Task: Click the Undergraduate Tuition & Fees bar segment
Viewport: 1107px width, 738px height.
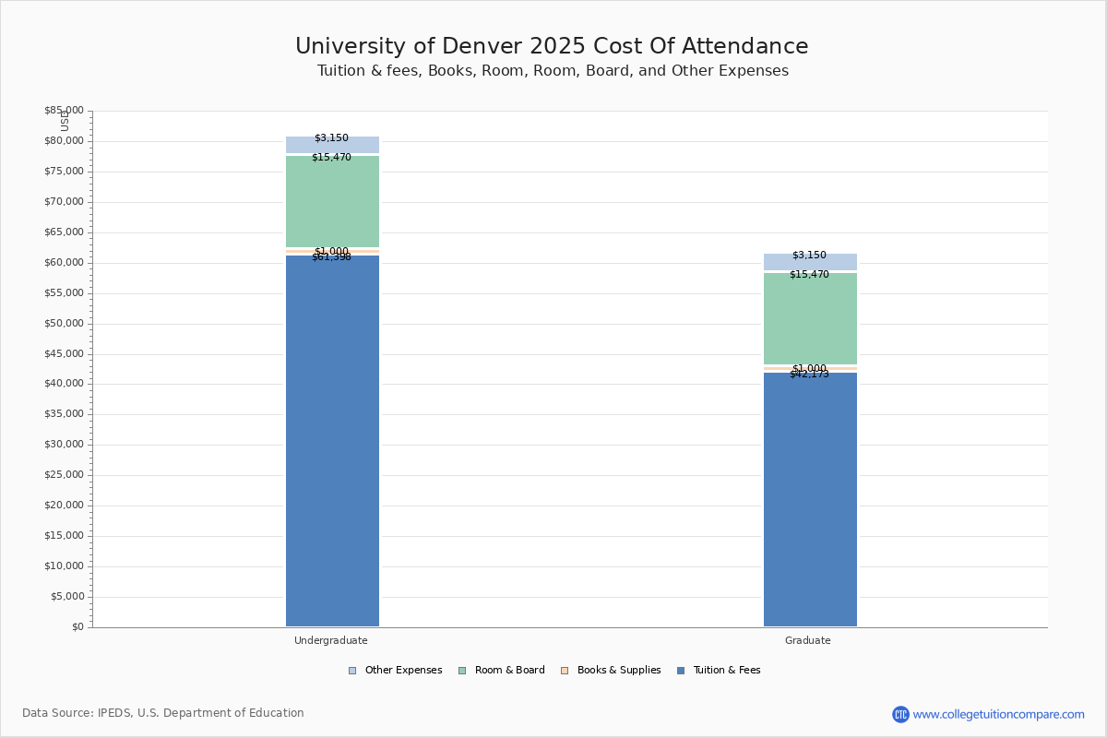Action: pyautogui.click(x=332, y=443)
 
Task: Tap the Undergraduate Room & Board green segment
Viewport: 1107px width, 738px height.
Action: pyautogui.click(x=332, y=203)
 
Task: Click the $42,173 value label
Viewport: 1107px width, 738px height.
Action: pyautogui.click(x=809, y=375)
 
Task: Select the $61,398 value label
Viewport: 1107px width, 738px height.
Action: pyautogui.click(x=331, y=257)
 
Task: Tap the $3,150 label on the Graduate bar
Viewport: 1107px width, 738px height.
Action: pyautogui.click(x=809, y=256)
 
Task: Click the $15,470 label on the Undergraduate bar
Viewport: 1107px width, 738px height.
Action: pyautogui.click(x=331, y=158)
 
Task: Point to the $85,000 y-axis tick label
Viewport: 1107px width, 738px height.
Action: pyautogui.click(x=64, y=111)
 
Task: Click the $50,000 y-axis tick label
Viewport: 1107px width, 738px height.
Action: pyautogui.click(x=64, y=324)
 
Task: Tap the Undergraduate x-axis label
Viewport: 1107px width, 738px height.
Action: pyautogui.click(x=331, y=640)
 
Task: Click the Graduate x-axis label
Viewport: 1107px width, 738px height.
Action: pyautogui.click(x=808, y=640)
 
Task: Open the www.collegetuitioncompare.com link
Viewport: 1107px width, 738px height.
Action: pyautogui.click(x=998, y=714)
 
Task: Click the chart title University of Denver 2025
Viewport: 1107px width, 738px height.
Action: pyautogui.click(x=552, y=47)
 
